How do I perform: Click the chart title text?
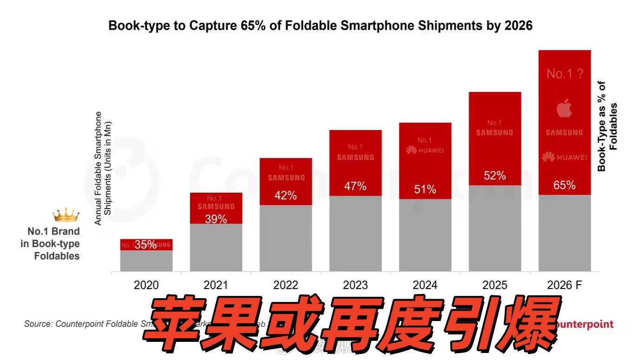tap(320, 26)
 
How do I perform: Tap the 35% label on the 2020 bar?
tap(145, 245)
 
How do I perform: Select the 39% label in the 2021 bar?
tap(216, 219)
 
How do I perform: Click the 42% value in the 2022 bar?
tap(285, 196)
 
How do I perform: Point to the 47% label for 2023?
tap(355, 187)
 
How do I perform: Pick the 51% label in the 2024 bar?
tap(425, 190)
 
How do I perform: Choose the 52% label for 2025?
tap(495, 176)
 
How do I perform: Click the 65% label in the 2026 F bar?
tap(564, 185)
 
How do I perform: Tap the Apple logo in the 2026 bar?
tap(564, 109)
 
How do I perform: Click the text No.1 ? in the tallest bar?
tap(564, 74)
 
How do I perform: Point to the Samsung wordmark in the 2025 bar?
tap(495, 132)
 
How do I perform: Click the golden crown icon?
tap(66, 215)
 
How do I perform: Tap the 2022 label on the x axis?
tap(285, 285)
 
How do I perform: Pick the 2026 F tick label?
tap(564, 285)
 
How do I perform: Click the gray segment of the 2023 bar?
tap(355, 233)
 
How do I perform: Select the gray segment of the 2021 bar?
tap(216, 247)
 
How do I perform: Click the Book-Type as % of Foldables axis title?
tap(608, 126)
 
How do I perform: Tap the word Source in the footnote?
tap(37, 324)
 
